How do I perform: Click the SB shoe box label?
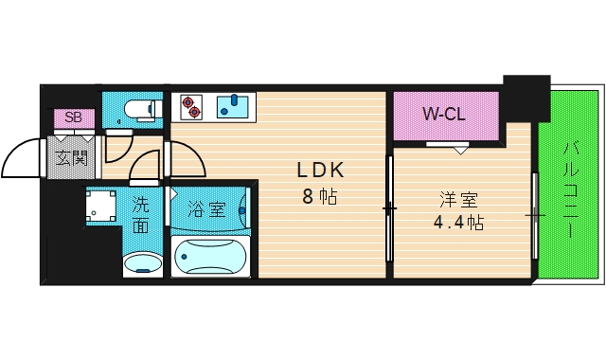(72, 117)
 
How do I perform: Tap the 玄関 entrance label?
(71, 157)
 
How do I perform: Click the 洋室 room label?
(458, 201)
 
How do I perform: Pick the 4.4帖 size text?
(459, 225)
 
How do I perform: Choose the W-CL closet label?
(444, 116)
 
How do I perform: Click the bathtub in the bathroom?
(210, 256)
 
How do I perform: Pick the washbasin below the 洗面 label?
(143, 261)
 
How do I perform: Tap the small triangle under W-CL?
(460, 149)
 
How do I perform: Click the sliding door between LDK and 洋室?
(388, 206)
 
